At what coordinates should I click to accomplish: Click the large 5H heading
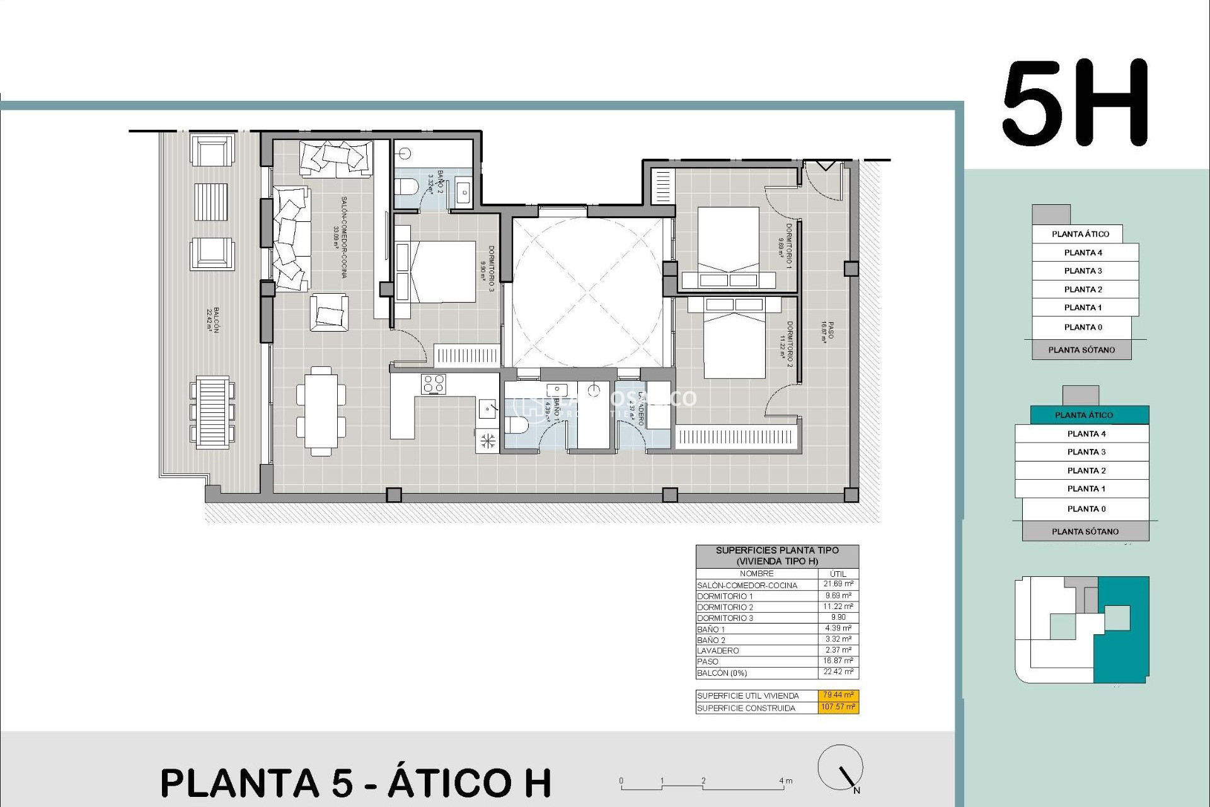coord(1075,103)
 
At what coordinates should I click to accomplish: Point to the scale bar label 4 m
coord(785,781)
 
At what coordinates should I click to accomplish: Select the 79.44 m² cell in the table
coord(838,695)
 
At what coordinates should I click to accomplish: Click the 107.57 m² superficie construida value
coord(838,707)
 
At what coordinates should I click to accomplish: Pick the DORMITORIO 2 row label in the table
coord(725,607)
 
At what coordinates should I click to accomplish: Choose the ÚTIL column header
coord(838,574)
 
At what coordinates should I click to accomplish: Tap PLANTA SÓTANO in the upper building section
coord(1081,349)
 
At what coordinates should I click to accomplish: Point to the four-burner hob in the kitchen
coord(434,384)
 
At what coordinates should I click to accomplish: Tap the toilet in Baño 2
coord(406,187)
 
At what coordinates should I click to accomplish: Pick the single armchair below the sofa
coord(328,313)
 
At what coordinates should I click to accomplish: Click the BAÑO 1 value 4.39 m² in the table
coord(838,629)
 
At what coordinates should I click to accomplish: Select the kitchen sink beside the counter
coord(487,409)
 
